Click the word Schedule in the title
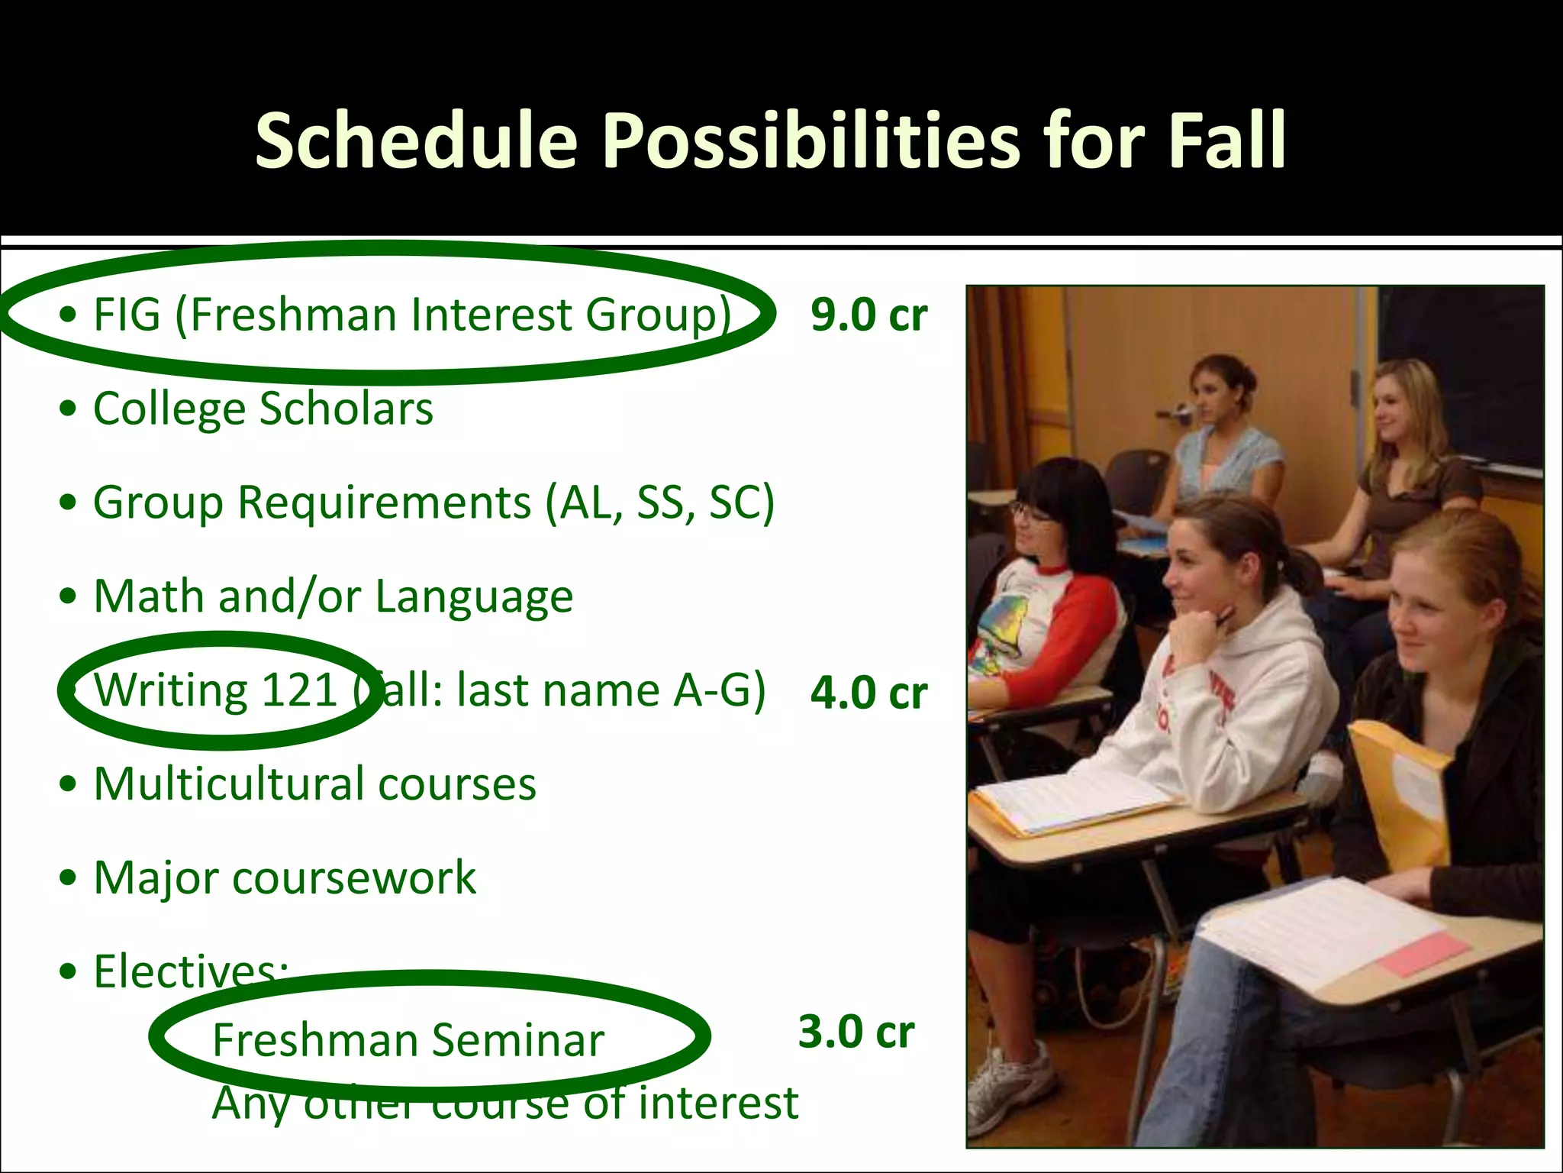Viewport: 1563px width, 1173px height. (x=416, y=141)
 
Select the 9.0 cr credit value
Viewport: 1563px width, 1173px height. (x=869, y=315)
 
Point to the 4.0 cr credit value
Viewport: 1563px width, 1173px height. (x=869, y=693)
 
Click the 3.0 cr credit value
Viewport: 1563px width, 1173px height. (x=856, y=1032)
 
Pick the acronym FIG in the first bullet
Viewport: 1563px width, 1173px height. (x=127, y=315)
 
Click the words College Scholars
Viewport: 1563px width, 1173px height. (x=263, y=409)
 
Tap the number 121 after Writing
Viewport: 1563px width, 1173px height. (x=298, y=690)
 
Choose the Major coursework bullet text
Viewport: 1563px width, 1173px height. (x=285, y=878)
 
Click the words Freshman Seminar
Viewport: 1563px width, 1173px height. (x=408, y=1040)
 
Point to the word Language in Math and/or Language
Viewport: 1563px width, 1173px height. (x=474, y=597)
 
